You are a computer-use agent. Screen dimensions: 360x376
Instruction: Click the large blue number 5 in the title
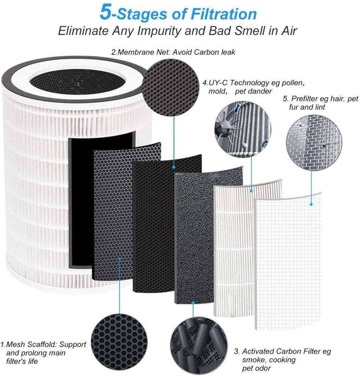pos(106,12)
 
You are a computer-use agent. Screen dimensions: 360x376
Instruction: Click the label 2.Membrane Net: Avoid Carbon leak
pos(173,52)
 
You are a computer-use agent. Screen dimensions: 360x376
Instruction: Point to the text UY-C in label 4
pos(218,83)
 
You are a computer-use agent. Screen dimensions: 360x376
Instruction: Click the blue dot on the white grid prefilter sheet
pos(311,204)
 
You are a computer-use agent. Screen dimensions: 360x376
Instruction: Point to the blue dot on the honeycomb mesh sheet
pos(119,258)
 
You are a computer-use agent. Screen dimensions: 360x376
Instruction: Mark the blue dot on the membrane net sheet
pos(174,167)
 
